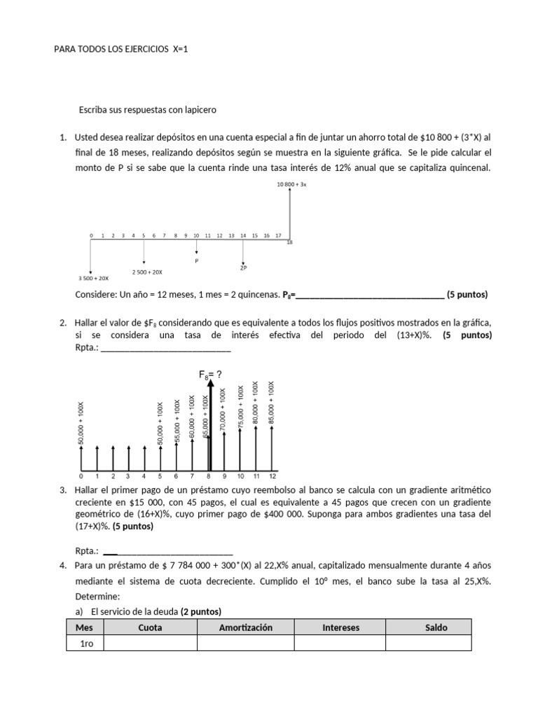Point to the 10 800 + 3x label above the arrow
click(x=291, y=184)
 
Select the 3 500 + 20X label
click(x=94, y=278)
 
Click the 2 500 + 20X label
click(x=147, y=272)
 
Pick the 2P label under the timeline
click(x=243, y=267)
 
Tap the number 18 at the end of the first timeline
click(x=290, y=242)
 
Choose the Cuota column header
click(x=150, y=627)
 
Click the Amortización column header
click(x=245, y=627)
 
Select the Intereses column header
click(x=340, y=627)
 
